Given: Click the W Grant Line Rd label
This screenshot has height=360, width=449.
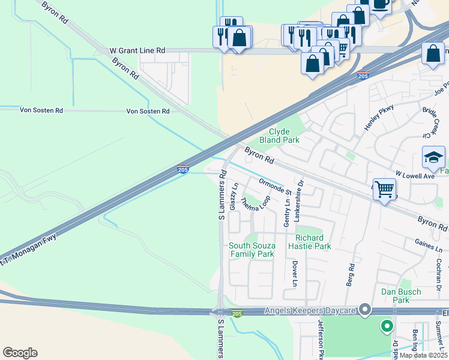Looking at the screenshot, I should (137, 52).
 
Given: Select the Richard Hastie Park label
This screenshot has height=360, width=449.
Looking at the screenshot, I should (309, 242).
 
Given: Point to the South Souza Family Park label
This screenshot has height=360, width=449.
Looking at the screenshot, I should (252, 250).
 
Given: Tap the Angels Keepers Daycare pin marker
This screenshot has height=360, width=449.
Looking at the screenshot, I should (364, 310).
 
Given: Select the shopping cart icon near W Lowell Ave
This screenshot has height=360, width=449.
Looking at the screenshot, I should (384, 189).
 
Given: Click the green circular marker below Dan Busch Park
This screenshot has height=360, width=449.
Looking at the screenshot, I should (387, 327).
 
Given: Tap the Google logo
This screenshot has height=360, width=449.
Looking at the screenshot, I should (20, 353).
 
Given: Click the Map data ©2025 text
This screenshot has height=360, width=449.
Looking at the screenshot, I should (423, 355).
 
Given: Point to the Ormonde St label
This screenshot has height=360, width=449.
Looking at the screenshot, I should (275, 187).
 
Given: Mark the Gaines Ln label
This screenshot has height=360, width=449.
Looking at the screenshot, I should (428, 245).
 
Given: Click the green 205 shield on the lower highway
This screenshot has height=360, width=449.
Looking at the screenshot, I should (238, 313).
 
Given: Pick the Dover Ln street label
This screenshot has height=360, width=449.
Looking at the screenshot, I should (295, 274).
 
